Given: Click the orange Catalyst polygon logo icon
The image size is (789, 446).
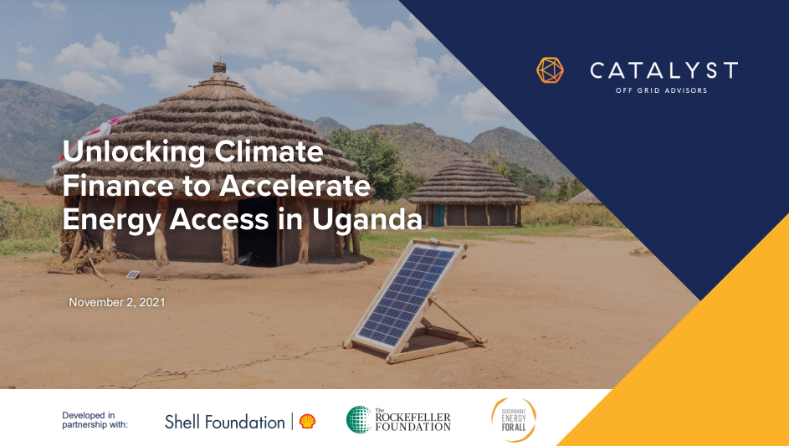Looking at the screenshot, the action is (x=550, y=70).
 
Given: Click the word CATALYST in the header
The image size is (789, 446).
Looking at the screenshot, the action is (x=664, y=70).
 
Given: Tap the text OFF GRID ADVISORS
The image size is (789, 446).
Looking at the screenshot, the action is (x=661, y=90).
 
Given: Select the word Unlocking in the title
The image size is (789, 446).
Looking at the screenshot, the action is (x=135, y=152).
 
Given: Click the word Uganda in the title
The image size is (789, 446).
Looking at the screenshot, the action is (x=366, y=220).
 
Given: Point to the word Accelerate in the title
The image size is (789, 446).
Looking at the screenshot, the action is (x=295, y=186).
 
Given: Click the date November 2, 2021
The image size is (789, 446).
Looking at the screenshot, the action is (x=117, y=302).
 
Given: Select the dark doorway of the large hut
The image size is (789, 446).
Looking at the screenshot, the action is (x=257, y=232).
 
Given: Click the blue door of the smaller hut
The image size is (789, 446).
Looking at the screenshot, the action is (x=440, y=215).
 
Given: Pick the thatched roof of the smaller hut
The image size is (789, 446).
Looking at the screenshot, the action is (x=469, y=180).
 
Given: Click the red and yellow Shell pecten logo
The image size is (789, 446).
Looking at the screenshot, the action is (x=307, y=422).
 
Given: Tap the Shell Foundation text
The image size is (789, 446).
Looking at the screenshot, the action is (x=225, y=422).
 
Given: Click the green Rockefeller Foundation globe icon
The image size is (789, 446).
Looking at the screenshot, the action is (x=359, y=420).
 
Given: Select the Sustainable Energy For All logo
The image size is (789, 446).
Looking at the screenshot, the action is (x=514, y=420).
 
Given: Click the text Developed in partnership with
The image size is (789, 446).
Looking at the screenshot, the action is (x=95, y=420).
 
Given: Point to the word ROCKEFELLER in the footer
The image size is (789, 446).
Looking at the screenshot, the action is (x=412, y=418).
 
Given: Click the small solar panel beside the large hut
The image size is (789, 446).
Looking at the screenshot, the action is (x=133, y=274).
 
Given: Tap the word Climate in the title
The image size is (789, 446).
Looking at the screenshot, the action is (x=269, y=151).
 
